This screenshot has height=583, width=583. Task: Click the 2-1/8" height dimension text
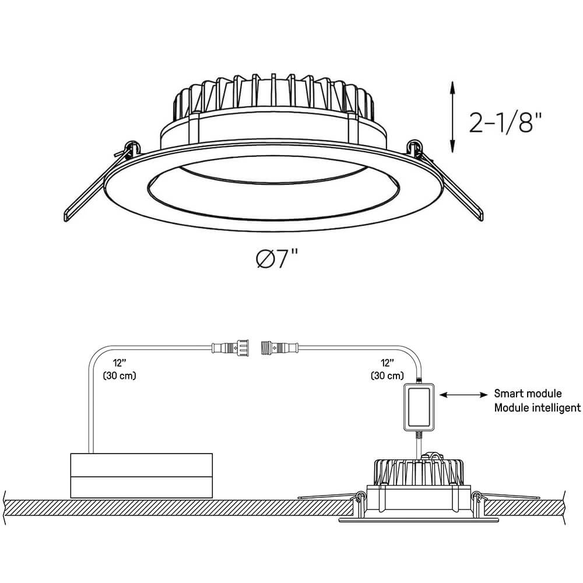pos(505,122)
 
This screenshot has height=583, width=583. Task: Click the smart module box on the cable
pos(419,407)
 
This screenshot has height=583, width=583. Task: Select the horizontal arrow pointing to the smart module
pos(463,395)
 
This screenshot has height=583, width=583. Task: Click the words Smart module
pos(528,394)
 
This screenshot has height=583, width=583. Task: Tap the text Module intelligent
pos(538,408)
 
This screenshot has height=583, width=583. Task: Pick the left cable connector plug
pos(230,347)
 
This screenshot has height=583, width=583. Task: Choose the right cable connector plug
pos(280,347)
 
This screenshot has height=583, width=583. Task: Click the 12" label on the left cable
pos(120,363)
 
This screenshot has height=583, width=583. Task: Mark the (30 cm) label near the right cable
pos(388,375)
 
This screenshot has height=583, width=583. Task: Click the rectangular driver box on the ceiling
pos(141,476)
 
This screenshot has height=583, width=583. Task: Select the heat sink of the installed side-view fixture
pos(418,472)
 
